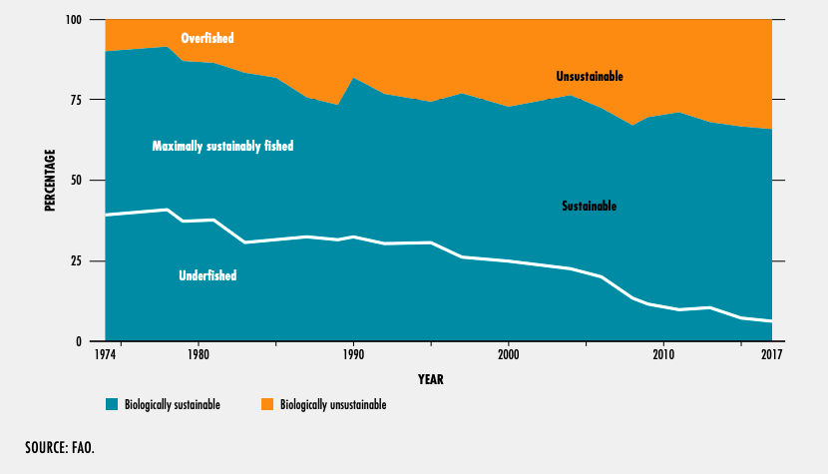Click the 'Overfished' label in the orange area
point(207,39)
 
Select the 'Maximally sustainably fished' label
point(222,146)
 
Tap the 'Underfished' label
point(207,275)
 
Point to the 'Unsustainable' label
point(590,76)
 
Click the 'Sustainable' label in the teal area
point(589,207)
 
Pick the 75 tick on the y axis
point(85,100)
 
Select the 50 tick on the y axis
point(85,181)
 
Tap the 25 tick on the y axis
point(85,261)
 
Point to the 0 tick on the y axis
point(89,341)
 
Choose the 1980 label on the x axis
point(198,355)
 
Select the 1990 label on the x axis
point(352,355)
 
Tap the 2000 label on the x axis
point(508,355)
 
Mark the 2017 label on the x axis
point(771,355)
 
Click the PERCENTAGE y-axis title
point(50,181)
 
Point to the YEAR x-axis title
point(431,380)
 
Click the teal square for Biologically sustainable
point(112,405)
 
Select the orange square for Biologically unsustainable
point(266,405)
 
